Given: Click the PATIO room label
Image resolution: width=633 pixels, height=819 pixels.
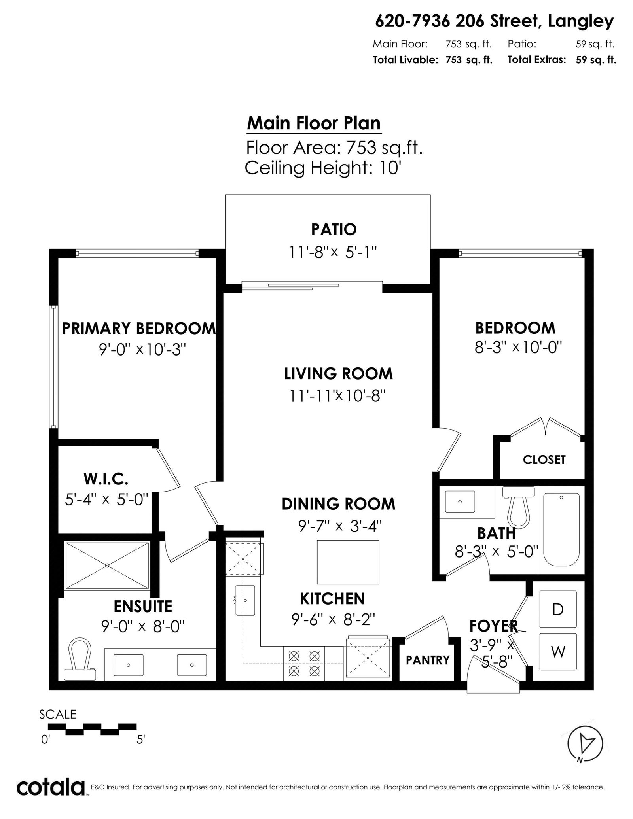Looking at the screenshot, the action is click(334, 229).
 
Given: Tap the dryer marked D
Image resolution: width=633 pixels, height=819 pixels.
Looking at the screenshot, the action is click(558, 609).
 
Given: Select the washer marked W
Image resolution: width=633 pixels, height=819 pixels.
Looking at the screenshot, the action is click(558, 651).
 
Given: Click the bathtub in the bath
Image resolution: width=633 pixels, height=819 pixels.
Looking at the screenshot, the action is click(561, 530).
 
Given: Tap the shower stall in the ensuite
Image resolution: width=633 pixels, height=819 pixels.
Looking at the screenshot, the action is click(107, 566).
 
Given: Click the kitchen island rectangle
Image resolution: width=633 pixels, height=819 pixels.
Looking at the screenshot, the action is click(348, 562).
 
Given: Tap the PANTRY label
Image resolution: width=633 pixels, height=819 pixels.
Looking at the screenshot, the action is click(428, 660).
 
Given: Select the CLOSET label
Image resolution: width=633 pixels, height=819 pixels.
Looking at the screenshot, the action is click(544, 460).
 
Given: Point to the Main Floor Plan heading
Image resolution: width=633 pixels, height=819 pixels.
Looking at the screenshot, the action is click(314, 123).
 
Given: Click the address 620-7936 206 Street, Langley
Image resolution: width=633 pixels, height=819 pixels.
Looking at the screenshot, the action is click(495, 22).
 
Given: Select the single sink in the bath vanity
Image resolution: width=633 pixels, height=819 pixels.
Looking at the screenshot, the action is click(460, 501).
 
